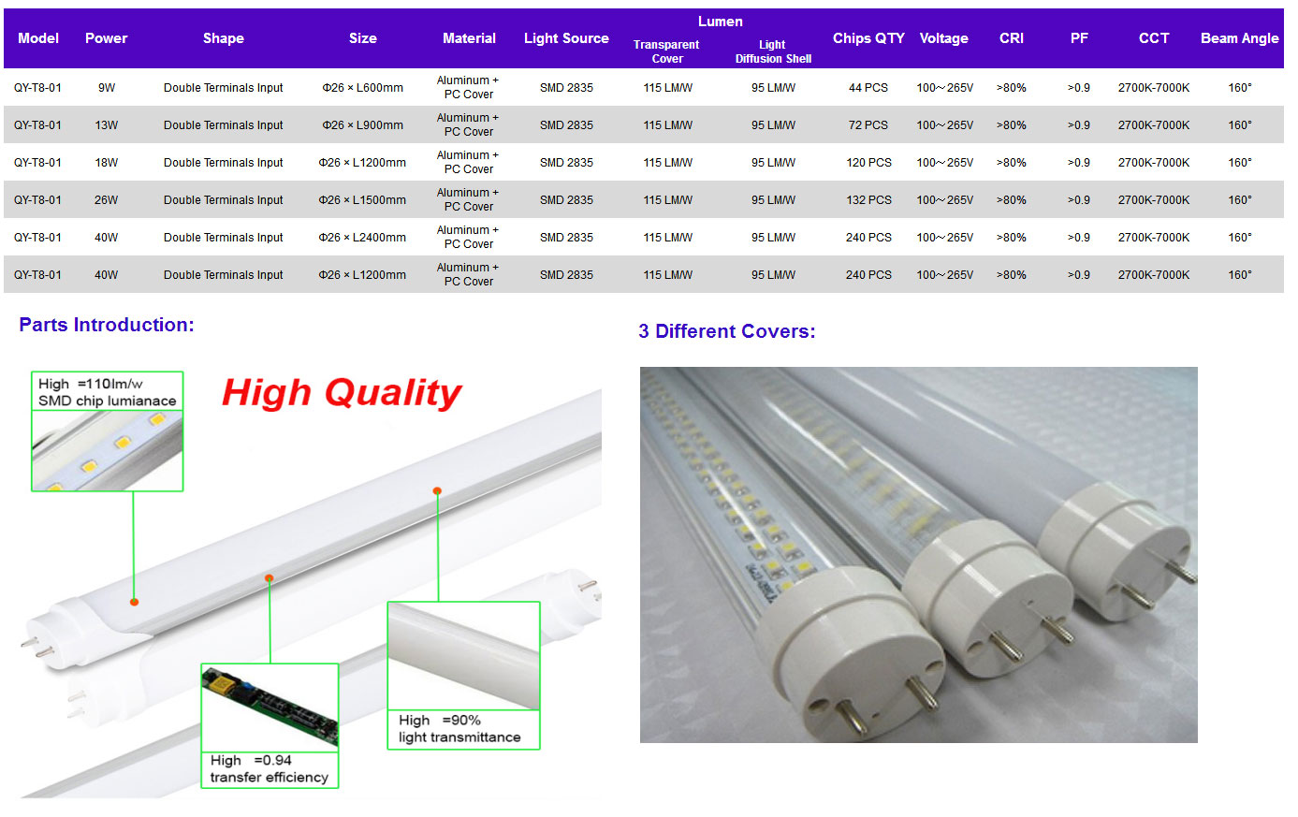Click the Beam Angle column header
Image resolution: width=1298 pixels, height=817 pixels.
(x=1239, y=38)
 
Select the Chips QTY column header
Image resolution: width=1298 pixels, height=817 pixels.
(x=868, y=38)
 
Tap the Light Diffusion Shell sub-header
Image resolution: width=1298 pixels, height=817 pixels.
(x=773, y=51)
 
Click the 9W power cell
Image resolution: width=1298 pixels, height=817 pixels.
(x=107, y=87)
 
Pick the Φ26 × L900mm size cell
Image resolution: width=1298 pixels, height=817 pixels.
(x=363, y=125)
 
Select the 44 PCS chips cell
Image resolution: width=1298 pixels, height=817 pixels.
(x=868, y=87)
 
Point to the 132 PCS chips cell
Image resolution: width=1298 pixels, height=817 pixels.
(x=868, y=200)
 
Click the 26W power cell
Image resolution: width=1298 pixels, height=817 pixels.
(x=106, y=200)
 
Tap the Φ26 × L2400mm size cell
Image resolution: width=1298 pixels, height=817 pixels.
(x=362, y=238)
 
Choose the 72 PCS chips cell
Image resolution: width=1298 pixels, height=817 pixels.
(x=868, y=125)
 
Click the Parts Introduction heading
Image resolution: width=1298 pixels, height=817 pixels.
(x=107, y=325)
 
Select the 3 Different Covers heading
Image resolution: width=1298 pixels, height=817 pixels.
(x=726, y=331)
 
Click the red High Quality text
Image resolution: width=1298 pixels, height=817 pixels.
(x=342, y=393)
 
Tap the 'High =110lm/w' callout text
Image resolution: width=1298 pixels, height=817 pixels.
(x=91, y=384)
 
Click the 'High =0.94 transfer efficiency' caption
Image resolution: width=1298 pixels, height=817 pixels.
(x=269, y=769)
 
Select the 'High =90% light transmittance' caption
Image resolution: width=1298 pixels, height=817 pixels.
(x=459, y=728)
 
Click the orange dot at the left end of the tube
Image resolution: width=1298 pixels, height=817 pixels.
(x=135, y=602)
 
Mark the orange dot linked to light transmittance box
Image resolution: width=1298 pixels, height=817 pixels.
(x=437, y=490)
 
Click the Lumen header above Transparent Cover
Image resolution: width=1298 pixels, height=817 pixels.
(x=721, y=22)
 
